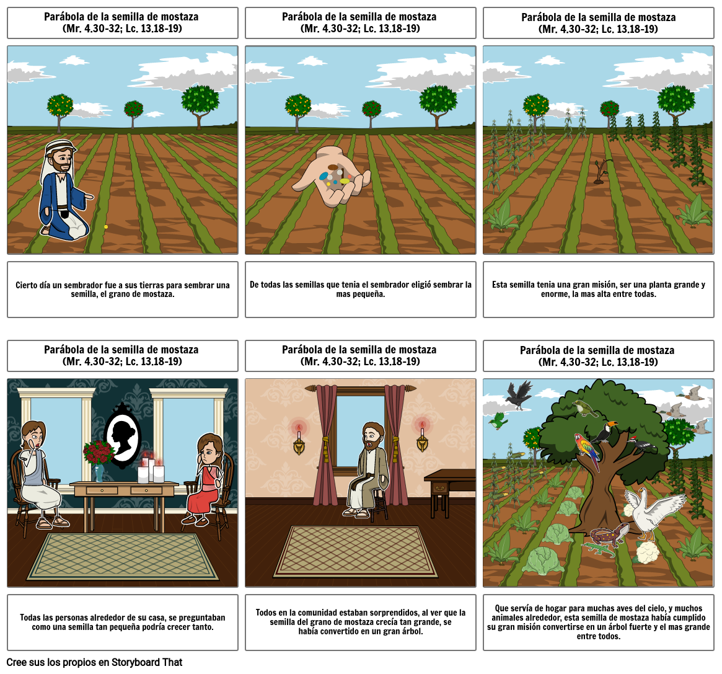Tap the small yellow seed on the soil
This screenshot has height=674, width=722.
click(106, 227)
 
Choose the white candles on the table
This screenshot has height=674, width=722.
click(151, 470)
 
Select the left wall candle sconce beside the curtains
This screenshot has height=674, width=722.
click(299, 437)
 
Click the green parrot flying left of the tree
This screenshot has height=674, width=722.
click(498, 421)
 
